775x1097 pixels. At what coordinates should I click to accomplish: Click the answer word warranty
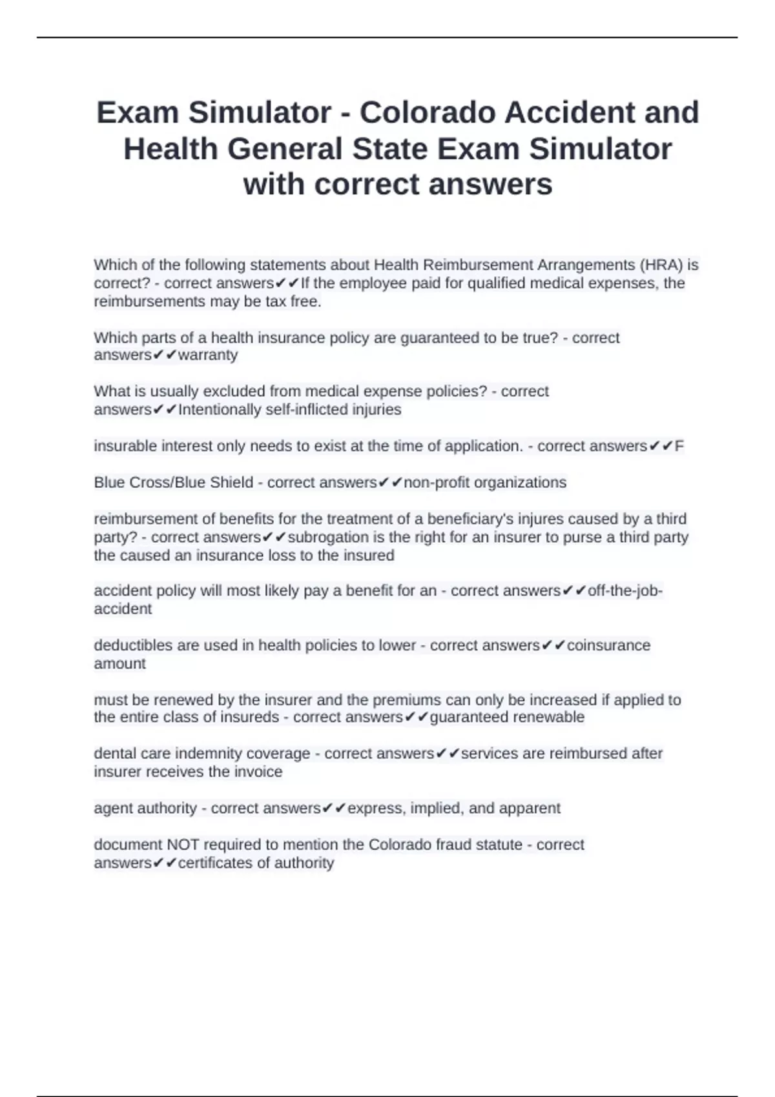click(208, 355)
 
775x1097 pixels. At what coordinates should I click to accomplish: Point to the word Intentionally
click(220, 409)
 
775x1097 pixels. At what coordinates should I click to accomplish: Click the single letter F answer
click(679, 446)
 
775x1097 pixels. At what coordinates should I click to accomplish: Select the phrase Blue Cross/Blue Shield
click(174, 482)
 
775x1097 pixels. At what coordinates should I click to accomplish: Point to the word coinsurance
click(608, 645)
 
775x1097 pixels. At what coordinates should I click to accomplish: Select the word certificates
click(217, 863)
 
